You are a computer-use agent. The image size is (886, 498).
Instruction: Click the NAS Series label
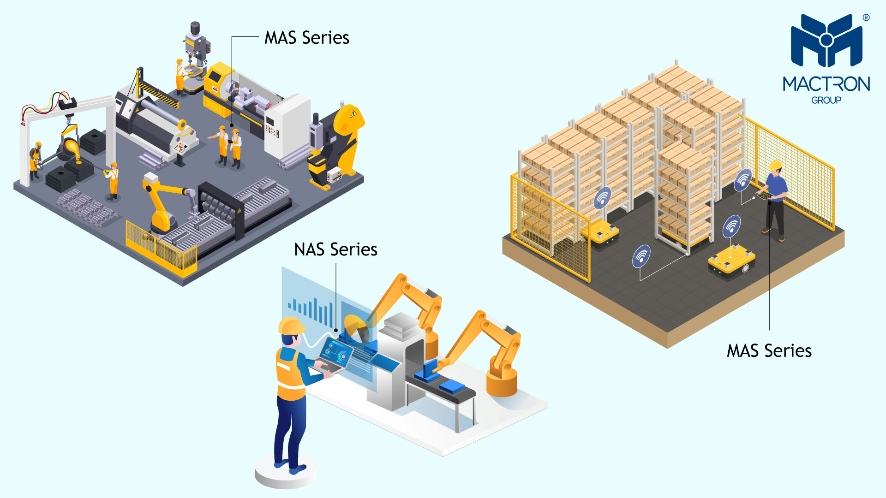pyautogui.click(x=335, y=249)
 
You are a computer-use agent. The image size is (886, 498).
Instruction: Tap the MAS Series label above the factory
pyautogui.click(x=306, y=38)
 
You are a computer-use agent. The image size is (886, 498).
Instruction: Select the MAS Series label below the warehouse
pyautogui.click(x=769, y=351)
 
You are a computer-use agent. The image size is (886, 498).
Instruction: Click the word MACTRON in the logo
pyautogui.click(x=826, y=84)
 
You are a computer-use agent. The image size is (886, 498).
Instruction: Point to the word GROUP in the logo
pyautogui.click(x=826, y=100)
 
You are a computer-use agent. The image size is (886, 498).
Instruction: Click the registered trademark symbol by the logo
pyautogui.click(x=866, y=18)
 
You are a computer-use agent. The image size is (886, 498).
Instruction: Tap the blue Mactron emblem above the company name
pyautogui.click(x=826, y=41)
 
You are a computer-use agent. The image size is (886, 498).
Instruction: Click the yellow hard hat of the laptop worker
pyautogui.click(x=291, y=326)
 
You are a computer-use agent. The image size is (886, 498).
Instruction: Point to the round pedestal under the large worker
pyautogui.click(x=285, y=473)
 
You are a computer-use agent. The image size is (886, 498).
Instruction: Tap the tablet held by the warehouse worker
pyautogui.click(x=764, y=196)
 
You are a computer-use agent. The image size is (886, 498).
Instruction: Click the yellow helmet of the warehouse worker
pyautogui.click(x=776, y=165)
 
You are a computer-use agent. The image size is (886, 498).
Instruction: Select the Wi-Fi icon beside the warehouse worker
pyautogui.click(x=743, y=180)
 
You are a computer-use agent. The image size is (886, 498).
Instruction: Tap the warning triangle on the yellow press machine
pyautogui.click(x=353, y=113)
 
